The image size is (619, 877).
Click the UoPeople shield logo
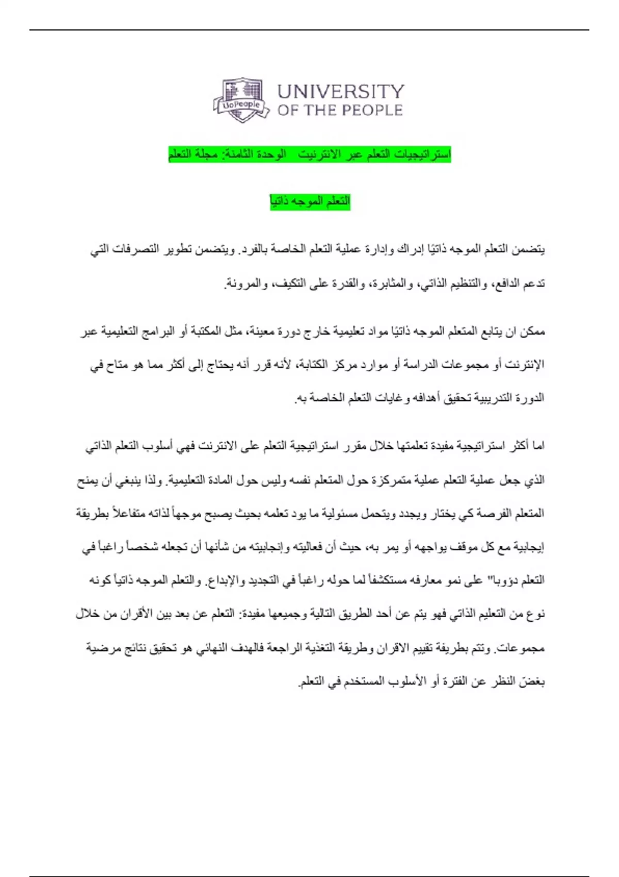(x=241, y=100)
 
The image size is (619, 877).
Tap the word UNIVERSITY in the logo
(x=340, y=92)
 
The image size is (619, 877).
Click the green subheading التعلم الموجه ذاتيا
(x=310, y=202)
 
